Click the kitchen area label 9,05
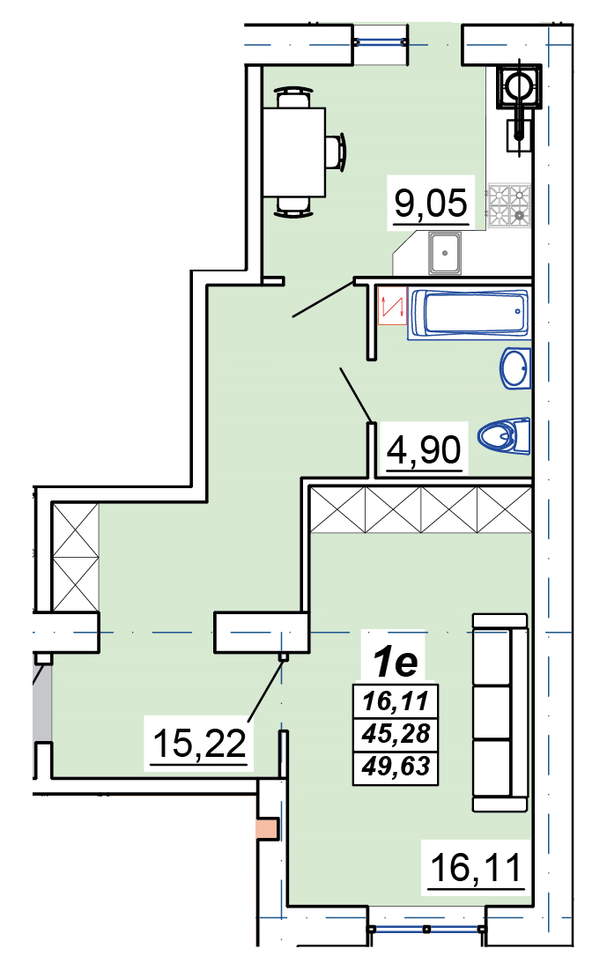(x=431, y=202)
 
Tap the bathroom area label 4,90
(x=425, y=449)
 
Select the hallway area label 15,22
(x=199, y=743)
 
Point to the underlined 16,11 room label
(x=476, y=867)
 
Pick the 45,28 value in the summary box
(x=396, y=734)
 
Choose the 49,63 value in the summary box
(x=396, y=767)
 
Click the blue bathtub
(x=469, y=314)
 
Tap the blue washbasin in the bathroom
(x=516, y=368)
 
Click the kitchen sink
(x=445, y=253)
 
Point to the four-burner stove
(x=508, y=205)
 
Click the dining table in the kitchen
(x=294, y=152)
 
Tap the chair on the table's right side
(x=335, y=152)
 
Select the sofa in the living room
(x=500, y=712)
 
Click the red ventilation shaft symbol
(x=392, y=305)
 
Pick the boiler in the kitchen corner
(x=518, y=86)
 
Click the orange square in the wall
(x=268, y=829)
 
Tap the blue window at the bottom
(x=426, y=929)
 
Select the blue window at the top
(x=381, y=42)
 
